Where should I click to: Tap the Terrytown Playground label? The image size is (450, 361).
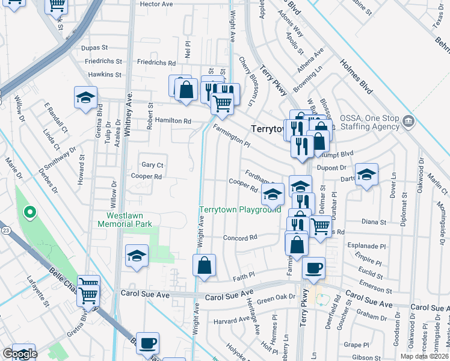[240, 209]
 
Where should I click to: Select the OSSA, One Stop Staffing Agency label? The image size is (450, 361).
[369, 122]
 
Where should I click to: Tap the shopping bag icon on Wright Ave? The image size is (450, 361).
[205, 265]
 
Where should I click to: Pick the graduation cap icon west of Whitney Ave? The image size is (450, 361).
[86, 97]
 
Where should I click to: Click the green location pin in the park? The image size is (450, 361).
[28, 212]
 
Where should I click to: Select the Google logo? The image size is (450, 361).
[20, 354]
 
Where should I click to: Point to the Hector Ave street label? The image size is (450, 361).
[156, 4]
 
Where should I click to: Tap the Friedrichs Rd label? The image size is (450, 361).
[156, 62]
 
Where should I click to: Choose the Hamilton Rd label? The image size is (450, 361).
[173, 120]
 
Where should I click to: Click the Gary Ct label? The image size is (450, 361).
[152, 165]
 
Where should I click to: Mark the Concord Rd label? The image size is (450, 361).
[240, 238]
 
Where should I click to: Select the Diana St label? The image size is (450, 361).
[374, 222]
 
